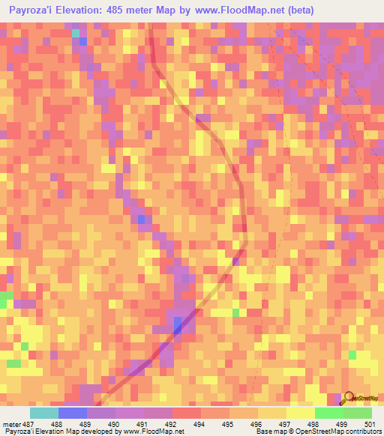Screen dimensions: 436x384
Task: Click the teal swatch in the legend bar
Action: click(44, 413)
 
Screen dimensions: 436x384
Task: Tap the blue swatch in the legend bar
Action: click(73, 413)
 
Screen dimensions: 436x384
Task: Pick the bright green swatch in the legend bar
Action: click(328, 413)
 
